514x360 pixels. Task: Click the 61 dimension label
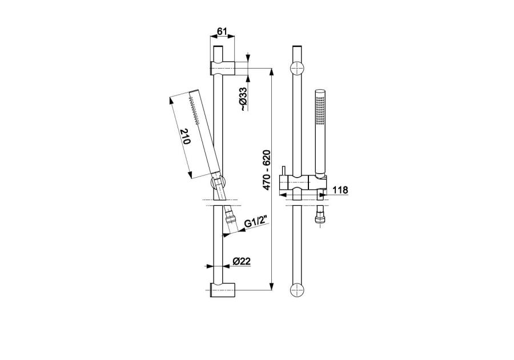point(222,31)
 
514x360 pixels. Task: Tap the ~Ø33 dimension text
point(243,99)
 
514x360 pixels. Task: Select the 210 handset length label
point(185,137)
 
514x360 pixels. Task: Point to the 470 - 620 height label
point(266,170)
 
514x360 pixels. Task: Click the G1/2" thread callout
point(256,223)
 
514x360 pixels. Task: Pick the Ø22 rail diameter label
point(242,261)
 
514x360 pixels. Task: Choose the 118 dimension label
point(340,190)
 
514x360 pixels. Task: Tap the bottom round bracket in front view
point(298,290)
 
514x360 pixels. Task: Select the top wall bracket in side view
point(223,68)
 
